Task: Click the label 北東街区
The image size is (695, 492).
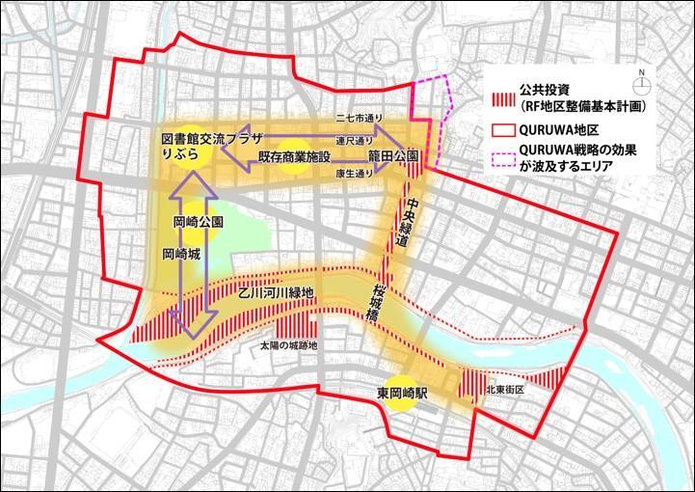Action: click(x=504, y=390)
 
